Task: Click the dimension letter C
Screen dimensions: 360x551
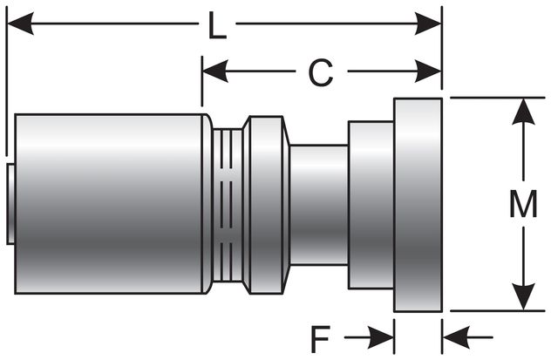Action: [321, 74]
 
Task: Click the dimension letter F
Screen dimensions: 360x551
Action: [321, 336]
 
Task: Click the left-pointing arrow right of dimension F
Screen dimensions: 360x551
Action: [454, 336]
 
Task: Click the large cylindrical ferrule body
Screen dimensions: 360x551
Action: [109, 202]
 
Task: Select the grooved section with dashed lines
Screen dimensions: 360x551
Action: [228, 202]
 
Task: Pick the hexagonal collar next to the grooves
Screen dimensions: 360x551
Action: [266, 202]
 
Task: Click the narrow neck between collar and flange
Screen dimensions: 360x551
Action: [318, 202]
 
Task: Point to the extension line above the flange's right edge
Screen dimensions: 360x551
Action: [442, 52]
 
